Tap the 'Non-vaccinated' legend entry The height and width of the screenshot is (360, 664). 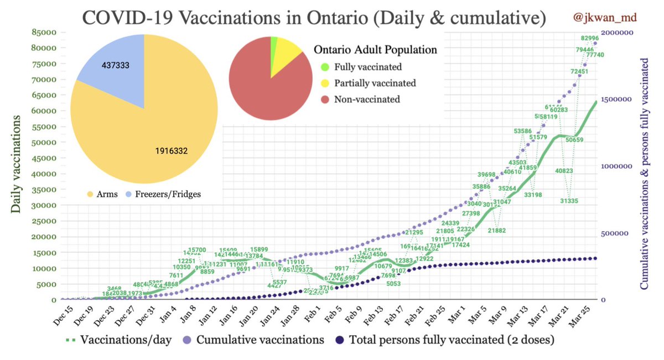[x=367, y=100]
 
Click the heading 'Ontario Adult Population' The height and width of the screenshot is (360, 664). [x=375, y=50]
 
